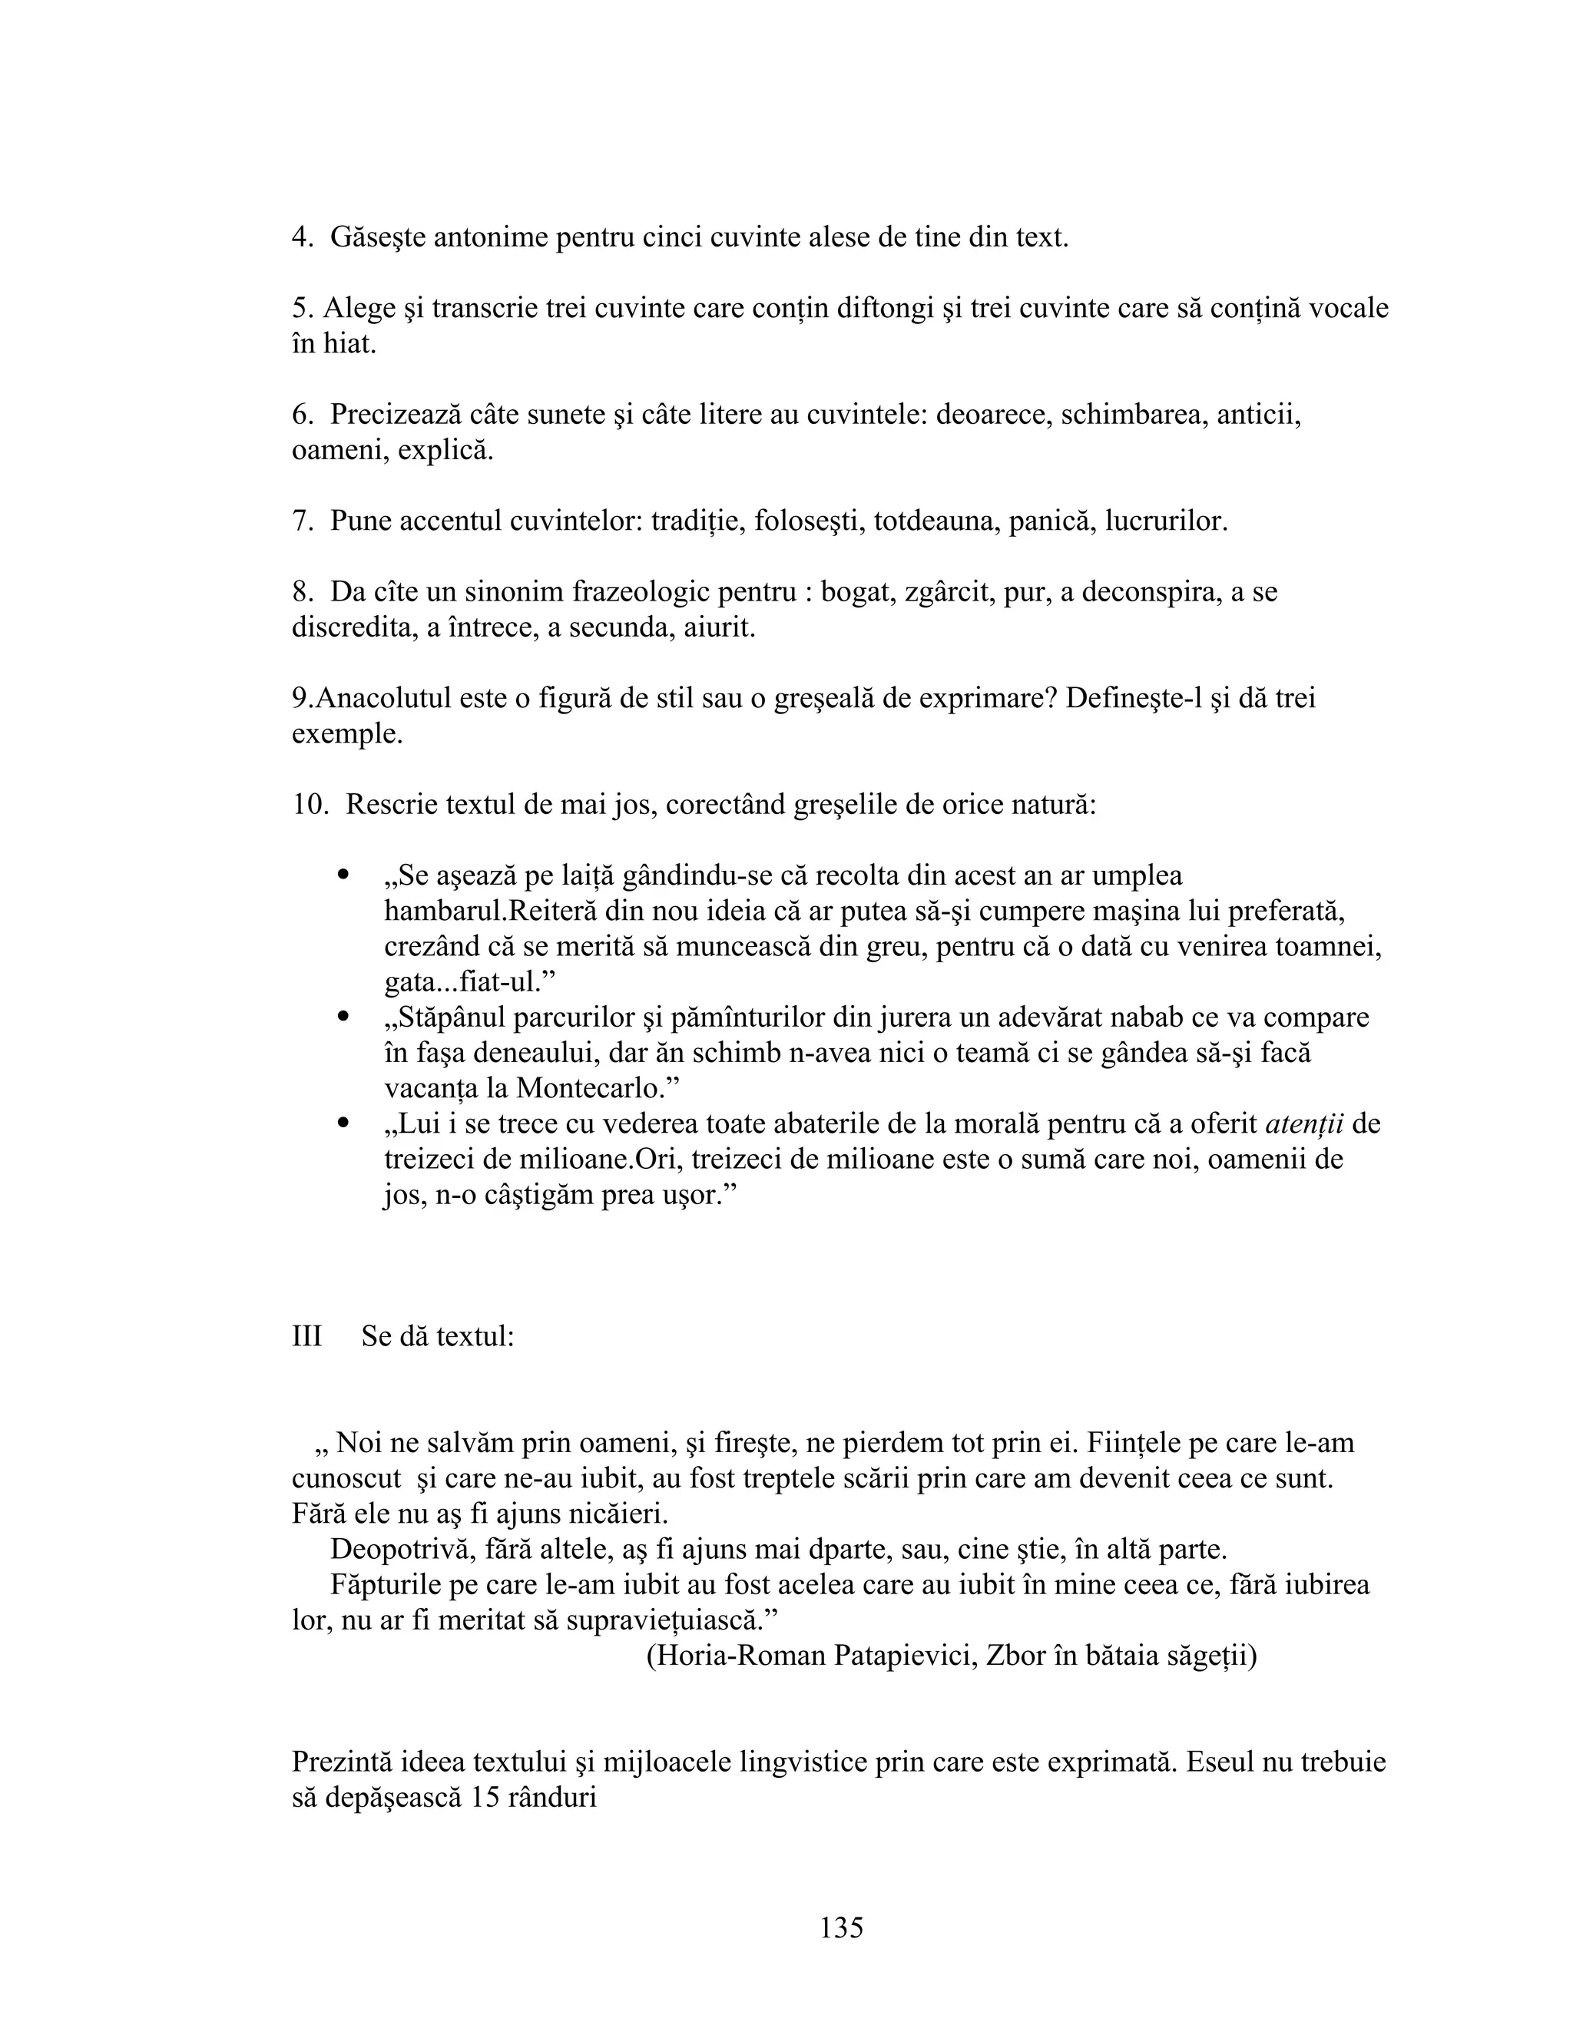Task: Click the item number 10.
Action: coord(309,804)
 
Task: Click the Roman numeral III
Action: coord(306,1336)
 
